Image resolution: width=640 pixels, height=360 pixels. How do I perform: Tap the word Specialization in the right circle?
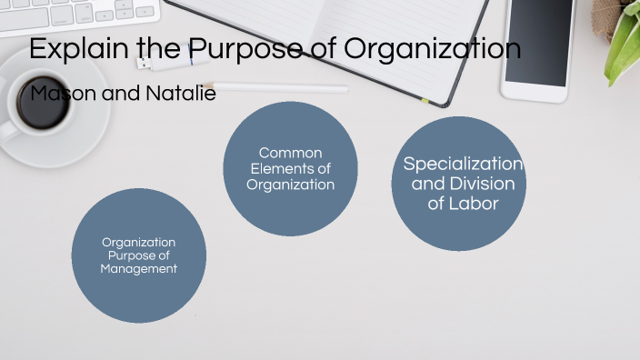pyautogui.click(x=463, y=165)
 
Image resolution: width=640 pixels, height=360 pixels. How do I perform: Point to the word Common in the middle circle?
pyautogui.click(x=290, y=153)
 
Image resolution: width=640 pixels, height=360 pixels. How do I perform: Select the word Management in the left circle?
pyautogui.click(x=138, y=269)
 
